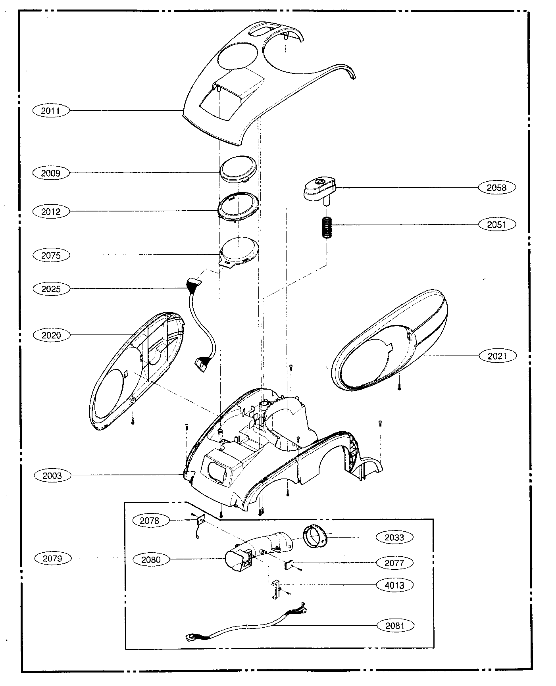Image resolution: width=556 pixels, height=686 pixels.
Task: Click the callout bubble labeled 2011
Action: (x=50, y=110)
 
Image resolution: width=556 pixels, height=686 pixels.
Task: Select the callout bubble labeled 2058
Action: (x=496, y=187)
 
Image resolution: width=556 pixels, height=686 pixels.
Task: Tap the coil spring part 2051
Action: (x=327, y=228)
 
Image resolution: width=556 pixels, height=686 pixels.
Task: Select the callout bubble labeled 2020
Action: (x=51, y=335)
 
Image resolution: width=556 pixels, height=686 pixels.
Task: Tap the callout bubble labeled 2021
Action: (x=497, y=356)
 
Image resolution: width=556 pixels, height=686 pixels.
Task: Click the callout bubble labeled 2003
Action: (x=52, y=475)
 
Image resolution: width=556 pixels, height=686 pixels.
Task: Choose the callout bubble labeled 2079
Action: (x=52, y=559)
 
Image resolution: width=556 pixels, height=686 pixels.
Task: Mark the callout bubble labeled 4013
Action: (x=394, y=585)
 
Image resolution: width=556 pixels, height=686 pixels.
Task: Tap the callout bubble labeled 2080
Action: (x=151, y=559)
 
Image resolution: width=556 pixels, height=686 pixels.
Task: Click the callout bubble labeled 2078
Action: (x=150, y=521)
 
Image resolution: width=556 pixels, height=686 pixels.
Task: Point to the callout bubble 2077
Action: (x=394, y=563)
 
